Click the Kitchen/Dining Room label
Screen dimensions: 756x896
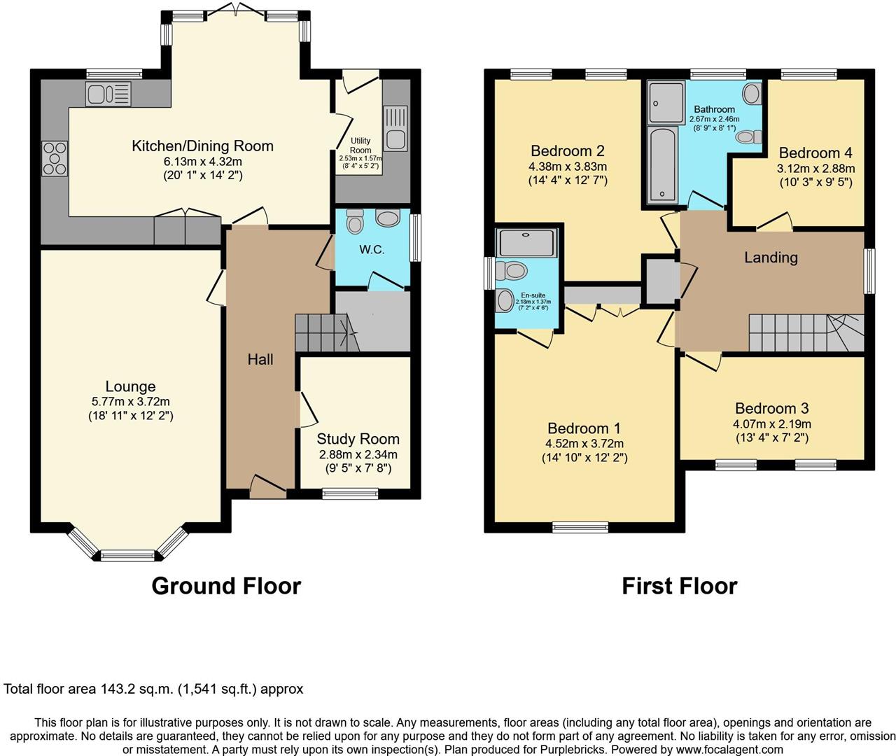(x=202, y=146)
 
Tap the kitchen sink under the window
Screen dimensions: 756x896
(x=108, y=94)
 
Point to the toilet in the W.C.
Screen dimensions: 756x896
(x=356, y=221)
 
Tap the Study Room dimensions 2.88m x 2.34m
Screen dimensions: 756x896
(x=358, y=454)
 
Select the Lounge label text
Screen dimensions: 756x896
(x=130, y=386)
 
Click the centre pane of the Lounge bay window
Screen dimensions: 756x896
(x=127, y=556)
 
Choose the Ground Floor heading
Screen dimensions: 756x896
(x=226, y=586)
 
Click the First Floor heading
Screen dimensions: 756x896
(x=679, y=586)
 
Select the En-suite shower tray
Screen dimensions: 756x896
(x=526, y=242)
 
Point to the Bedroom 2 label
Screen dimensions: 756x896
(x=567, y=151)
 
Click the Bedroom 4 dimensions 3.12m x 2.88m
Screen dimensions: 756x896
(x=815, y=169)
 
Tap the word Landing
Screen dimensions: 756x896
(x=770, y=258)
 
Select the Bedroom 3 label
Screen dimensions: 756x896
(x=771, y=408)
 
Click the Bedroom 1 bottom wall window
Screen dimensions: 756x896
(x=580, y=527)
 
